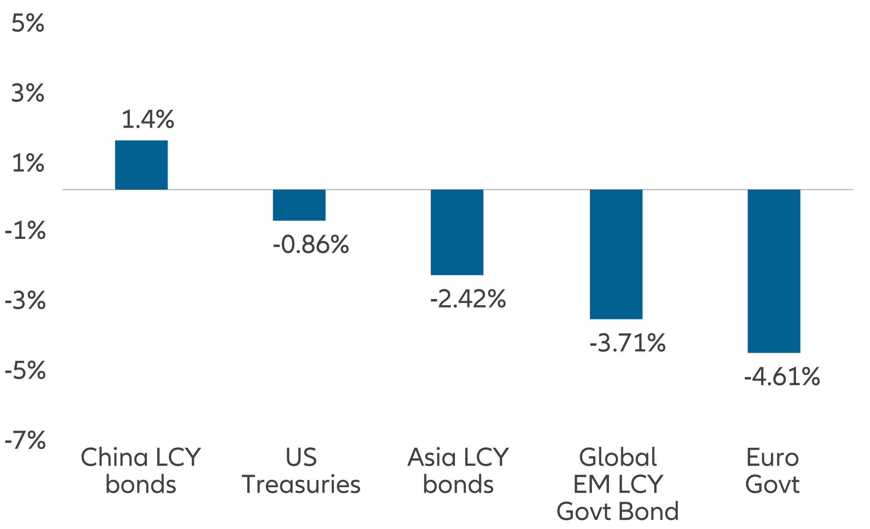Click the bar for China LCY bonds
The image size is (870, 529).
point(141,165)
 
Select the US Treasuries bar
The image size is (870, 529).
point(299,205)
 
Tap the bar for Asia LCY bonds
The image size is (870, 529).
point(457,232)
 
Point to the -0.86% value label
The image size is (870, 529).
point(311,245)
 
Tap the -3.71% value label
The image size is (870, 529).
point(627,343)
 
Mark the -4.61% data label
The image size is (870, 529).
point(781,377)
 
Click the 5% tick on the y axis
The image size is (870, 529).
point(28,23)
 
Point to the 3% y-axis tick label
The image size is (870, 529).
point(28,93)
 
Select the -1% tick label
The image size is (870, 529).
point(25,231)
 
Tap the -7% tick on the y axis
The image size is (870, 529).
point(25,440)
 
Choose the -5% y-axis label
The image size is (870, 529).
point(25,371)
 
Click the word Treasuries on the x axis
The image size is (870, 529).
point(301,484)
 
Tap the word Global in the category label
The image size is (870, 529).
point(618,457)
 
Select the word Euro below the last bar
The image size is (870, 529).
point(772,457)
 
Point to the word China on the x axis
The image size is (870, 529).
point(114,457)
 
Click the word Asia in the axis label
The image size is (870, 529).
point(432,457)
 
